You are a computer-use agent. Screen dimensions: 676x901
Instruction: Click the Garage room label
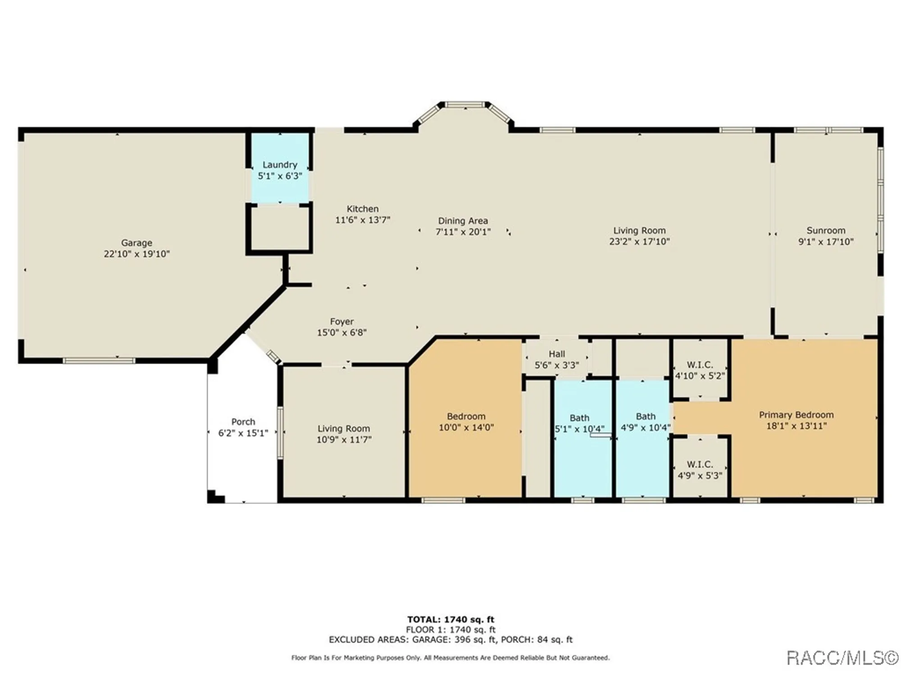point(137,243)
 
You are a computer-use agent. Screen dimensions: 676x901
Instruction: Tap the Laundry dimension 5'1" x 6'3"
point(280,176)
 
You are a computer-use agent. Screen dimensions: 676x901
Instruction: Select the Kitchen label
point(362,209)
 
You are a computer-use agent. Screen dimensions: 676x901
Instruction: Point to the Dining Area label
point(463,221)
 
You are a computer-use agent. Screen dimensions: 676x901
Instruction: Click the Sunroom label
point(825,230)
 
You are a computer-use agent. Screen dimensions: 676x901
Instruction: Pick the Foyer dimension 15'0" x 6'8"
point(341,333)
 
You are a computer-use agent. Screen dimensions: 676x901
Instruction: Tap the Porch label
point(243,422)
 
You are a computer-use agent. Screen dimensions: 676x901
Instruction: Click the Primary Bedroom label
point(796,415)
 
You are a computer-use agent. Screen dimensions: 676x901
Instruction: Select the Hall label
point(556,354)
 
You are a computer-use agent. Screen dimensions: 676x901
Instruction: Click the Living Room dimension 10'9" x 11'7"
point(343,440)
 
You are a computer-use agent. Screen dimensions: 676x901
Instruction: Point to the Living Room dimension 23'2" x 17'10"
point(639,242)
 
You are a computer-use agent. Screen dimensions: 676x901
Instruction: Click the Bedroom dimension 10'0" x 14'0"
point(466,427)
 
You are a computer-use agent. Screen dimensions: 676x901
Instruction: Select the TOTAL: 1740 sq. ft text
point(450,619)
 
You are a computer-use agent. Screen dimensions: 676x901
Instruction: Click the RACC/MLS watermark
point(842,658)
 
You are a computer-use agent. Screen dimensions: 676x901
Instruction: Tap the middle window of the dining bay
point(465,105)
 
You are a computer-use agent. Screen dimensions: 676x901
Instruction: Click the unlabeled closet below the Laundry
point(280,228)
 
